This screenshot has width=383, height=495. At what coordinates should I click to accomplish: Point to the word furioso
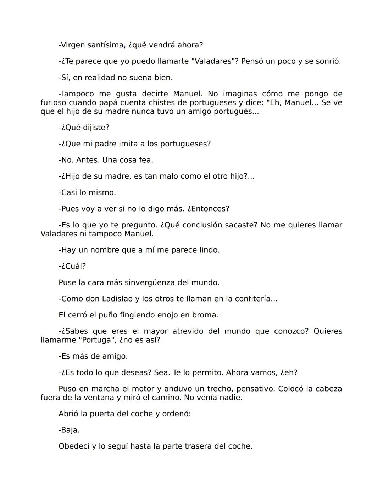coord(54,103)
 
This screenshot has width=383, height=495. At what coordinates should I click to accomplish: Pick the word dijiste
coord(96,128)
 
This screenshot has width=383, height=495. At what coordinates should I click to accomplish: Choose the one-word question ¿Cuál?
coord(73,266)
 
